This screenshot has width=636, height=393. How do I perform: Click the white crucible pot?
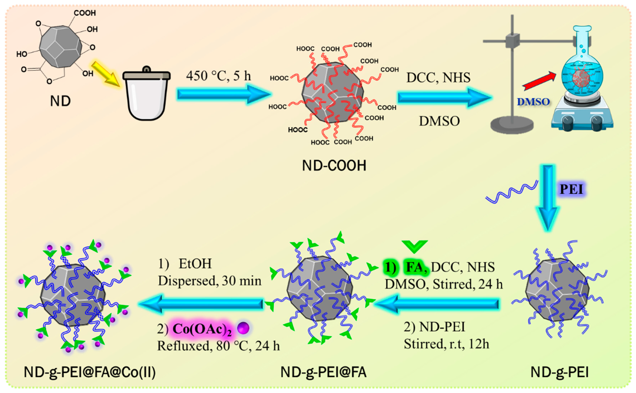(x=147, y=96)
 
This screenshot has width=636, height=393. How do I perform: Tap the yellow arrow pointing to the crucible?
(x=105, y=74)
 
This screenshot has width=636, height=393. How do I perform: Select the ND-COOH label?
(x=334, y=166)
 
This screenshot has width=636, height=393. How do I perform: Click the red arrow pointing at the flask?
(x=539, y=82)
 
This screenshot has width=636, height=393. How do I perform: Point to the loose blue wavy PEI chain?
(x=511, y=192)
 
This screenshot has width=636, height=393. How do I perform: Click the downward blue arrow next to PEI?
(x=548, y=197)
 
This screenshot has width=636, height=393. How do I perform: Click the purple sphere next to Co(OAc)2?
(x=243, y=328)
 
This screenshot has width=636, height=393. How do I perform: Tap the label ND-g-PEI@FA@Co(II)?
(x=90, y=372)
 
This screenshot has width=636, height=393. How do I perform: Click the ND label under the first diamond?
(x=60, y=101)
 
